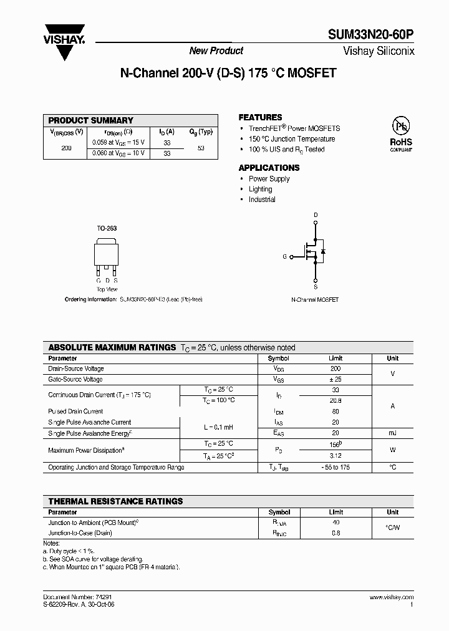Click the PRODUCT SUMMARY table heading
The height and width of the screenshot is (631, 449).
click(91, 120)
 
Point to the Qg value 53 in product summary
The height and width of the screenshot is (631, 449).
click(201, 148)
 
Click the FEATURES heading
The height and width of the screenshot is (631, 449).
click(260, 117)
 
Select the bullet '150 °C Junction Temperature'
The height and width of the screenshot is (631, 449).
click(292, 139)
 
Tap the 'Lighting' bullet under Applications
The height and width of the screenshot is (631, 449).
click(260, 189)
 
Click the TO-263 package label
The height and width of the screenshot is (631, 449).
click(107, 229)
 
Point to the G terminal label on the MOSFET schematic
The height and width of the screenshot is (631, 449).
click(285, 256)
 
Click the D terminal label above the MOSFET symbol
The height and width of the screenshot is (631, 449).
click(316, 215)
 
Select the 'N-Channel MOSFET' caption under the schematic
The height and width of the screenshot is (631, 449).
click(315, 300)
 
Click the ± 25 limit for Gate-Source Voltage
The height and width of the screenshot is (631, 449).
click(335, 379)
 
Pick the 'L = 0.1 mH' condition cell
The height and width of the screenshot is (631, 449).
click(218, 427)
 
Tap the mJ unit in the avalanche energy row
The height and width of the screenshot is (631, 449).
click(392, 433)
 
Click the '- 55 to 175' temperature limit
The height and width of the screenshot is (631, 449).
click(335, 467)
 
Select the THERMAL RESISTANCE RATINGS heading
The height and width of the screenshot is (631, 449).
click(116, 501)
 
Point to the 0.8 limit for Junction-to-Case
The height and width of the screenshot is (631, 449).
click(335, 533)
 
